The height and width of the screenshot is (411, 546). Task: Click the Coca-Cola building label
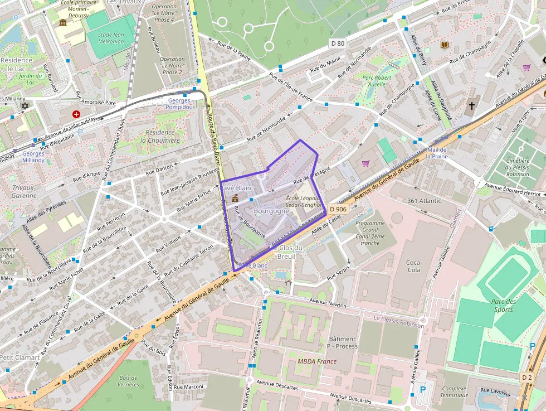click(413, 266)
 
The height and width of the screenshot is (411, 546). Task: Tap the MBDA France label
click(317, 361)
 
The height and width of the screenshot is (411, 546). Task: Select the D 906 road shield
click(338, 209)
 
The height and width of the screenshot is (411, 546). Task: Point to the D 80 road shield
click(338, 43)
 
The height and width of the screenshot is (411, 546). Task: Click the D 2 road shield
click(526, 378)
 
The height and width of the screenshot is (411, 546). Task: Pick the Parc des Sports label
click(504, 306)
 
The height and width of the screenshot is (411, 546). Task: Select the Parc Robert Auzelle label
click(377, 81)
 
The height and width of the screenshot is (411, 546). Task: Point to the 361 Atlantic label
click(424, 201)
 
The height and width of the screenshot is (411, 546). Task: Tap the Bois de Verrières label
click(128, 381)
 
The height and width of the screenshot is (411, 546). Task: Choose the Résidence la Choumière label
click(160, 137)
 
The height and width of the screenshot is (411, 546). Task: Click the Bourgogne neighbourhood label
click(271, 211)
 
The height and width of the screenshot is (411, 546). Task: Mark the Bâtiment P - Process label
click(342, 342)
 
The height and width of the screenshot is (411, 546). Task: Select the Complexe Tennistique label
click(454, 392)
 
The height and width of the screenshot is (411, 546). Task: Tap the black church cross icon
click(472, 105)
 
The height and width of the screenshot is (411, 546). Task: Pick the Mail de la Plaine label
click(437, 153)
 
